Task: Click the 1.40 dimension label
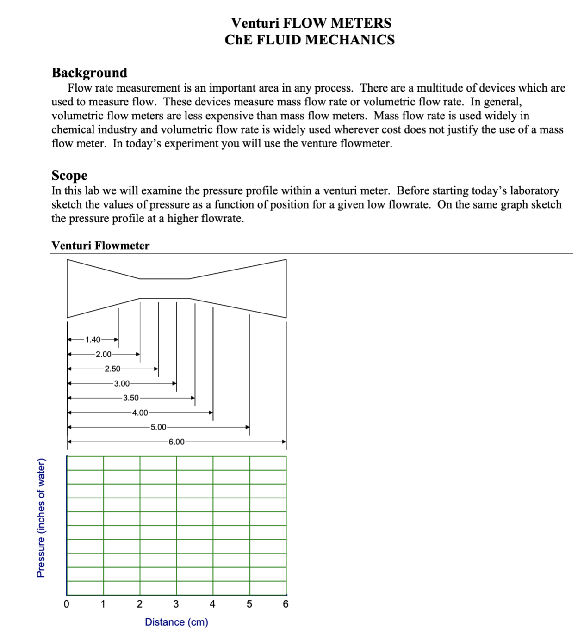93,339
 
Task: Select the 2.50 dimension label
112,369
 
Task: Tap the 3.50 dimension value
130,398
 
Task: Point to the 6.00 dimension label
176,442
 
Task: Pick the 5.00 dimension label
158,427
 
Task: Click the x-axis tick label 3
176,604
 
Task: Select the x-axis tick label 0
66,604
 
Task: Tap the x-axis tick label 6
286,604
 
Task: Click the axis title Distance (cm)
176,622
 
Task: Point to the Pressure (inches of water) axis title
41,518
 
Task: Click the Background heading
89,73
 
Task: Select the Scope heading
69,175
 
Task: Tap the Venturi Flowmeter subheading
100,245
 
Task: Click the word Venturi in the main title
255,23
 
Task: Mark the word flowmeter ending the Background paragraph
365,143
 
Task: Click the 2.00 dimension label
103,354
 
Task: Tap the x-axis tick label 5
249,604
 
